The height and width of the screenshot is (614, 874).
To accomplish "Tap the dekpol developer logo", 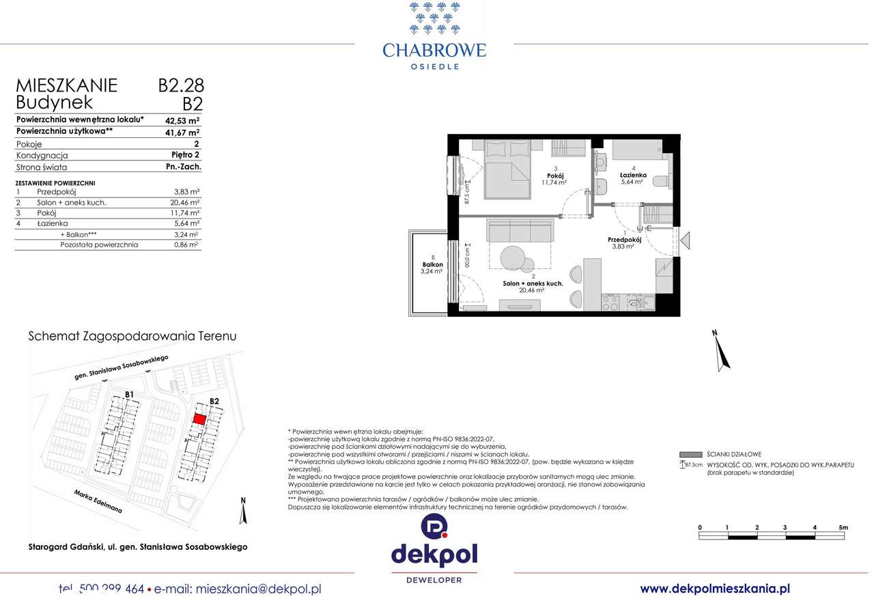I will [434, 549].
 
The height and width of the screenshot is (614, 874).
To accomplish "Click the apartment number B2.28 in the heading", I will [181, 85].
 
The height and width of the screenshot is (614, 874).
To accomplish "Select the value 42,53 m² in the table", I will [182, 120].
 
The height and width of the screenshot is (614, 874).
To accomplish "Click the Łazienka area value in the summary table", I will [186, 223].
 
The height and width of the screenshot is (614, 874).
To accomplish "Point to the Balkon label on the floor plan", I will [432, 265].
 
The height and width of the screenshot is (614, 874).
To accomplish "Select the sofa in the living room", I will [520, 231].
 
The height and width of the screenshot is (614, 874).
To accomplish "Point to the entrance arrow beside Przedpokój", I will [686, 240].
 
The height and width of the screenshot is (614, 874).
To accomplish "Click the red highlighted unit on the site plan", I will [199, 419].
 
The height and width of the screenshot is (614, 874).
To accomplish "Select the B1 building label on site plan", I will [129, 394].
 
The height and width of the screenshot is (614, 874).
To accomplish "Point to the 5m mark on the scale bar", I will [843, 527].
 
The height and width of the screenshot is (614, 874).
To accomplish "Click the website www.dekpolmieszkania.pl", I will [715, 589].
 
